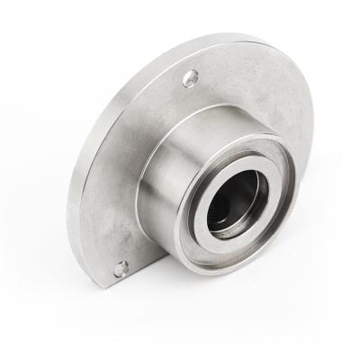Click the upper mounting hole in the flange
click(190, 78)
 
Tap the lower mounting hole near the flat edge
click(121, 267)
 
